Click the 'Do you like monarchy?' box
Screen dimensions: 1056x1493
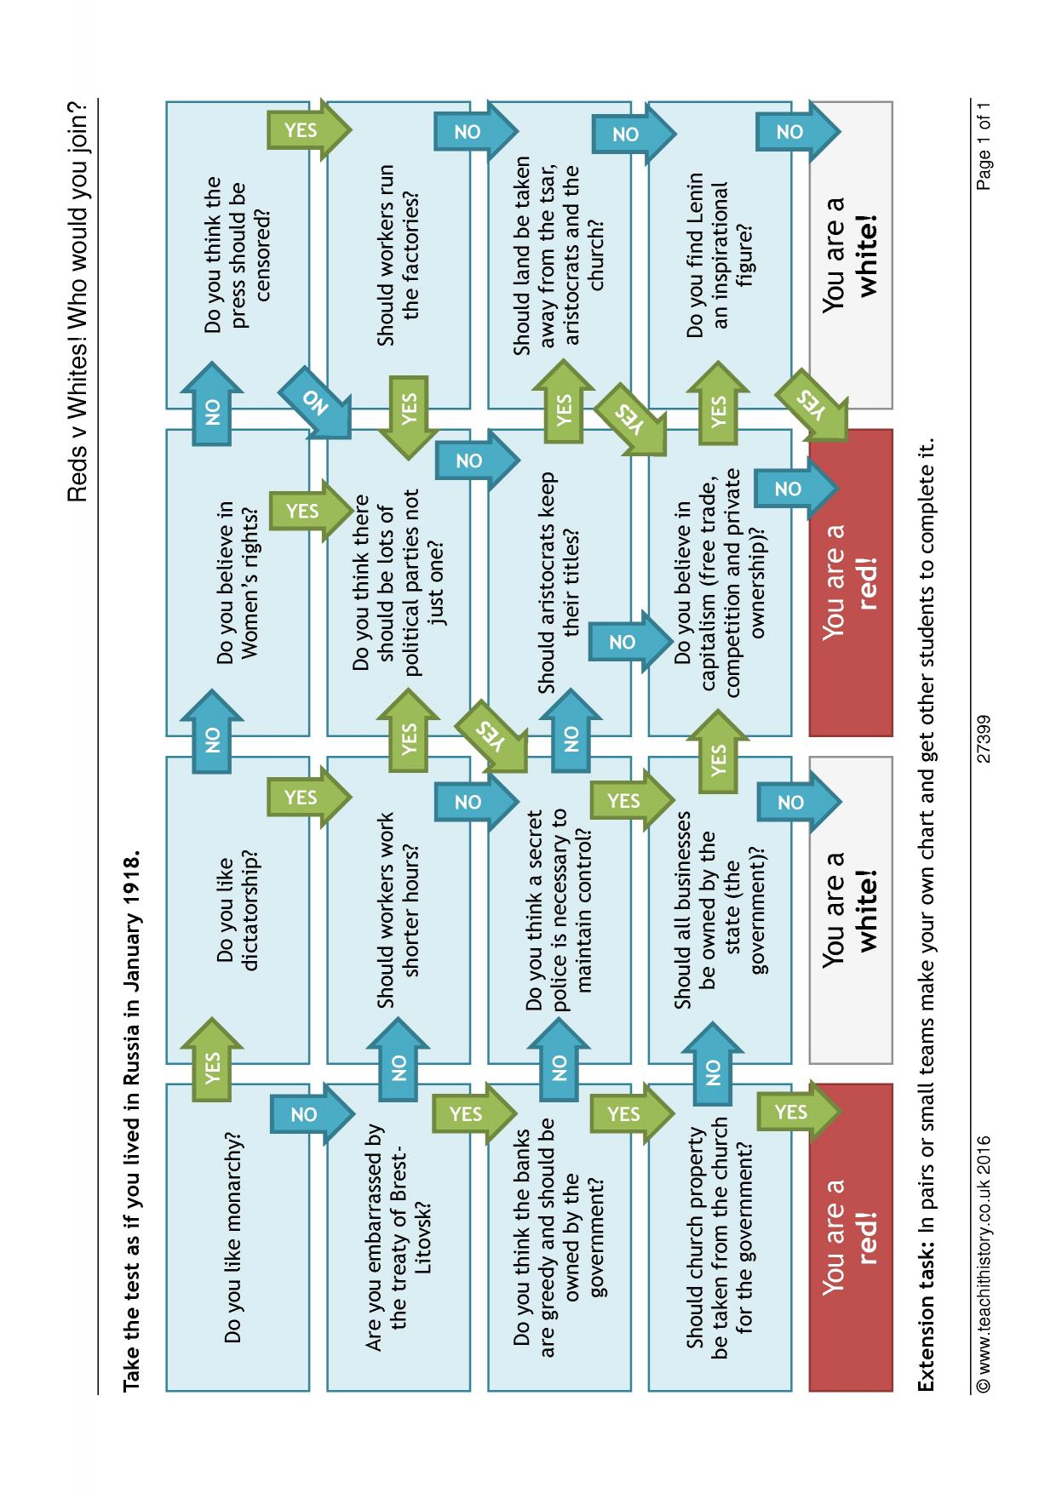coord(237,1237)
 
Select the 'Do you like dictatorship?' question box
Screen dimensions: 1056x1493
coord(237,910)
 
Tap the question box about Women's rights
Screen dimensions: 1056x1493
coord(237,583)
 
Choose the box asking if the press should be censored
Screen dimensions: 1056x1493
coord(237,255)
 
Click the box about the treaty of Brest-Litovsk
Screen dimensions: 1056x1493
coord(398,1237)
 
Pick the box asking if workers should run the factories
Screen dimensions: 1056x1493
coord(398,255)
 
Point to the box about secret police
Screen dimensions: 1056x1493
coord(559,910)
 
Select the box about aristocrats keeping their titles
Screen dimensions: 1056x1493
coord(559,583)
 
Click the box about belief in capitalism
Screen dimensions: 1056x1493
coord(720,583)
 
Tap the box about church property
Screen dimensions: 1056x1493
coord(720,1237)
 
